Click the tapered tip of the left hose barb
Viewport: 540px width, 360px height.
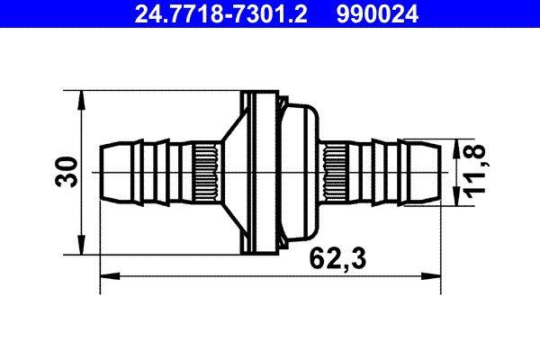click(x=107, y=172)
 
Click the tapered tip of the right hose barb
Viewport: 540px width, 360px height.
click(x=433, y=172)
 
